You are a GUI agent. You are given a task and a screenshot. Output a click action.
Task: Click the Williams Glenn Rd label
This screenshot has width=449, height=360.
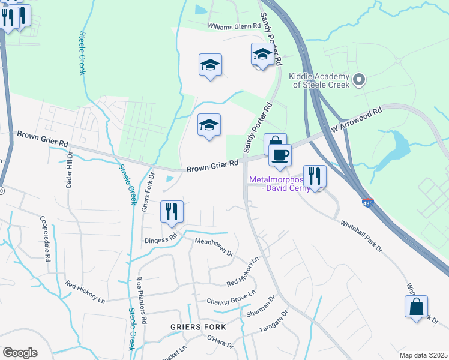235,26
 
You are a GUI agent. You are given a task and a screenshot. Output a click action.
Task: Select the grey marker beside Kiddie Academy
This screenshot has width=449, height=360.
359,79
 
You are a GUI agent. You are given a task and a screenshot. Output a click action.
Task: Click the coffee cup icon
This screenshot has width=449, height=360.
279,155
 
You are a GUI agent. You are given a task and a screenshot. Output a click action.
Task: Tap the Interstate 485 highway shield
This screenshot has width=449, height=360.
367,203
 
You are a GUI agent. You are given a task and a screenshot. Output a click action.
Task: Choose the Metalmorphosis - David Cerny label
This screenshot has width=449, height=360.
280,184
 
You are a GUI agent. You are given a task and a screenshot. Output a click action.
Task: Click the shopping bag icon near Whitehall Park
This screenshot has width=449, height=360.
416,307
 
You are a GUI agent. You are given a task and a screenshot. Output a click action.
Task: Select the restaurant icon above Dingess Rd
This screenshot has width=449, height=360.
172,212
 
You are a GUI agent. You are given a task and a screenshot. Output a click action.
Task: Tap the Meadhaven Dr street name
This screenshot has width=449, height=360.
214,247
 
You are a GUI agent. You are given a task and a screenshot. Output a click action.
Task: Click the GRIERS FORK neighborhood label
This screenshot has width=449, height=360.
198,327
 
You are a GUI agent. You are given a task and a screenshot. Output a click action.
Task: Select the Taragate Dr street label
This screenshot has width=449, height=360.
274,321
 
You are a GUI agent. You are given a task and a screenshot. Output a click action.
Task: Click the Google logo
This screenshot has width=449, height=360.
20,353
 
